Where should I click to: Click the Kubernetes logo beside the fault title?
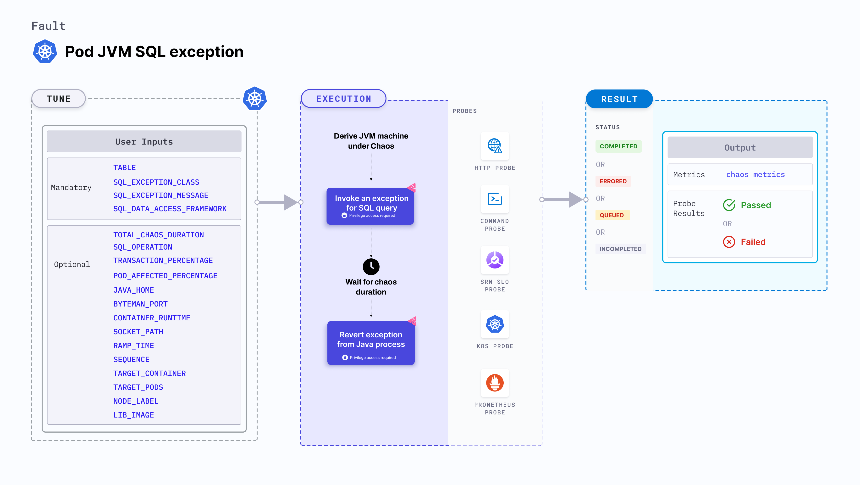(45, 51)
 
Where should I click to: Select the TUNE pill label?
(59, 99)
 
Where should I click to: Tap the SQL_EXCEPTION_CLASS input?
(156, 182)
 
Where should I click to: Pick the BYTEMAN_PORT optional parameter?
(140, 304)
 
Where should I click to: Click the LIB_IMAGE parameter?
(133, 415)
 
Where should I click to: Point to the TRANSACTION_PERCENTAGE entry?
(163, 261)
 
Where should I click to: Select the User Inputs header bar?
(144, 142)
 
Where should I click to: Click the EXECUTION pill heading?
(343, 99)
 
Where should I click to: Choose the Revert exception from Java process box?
(371, 343)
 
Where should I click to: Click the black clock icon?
(371, 266)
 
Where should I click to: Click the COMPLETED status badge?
(618, 146)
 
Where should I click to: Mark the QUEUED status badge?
(612, 215)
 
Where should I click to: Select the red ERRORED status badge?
(613, 181)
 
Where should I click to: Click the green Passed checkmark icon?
(729, 205)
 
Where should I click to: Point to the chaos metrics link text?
(755, 174)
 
